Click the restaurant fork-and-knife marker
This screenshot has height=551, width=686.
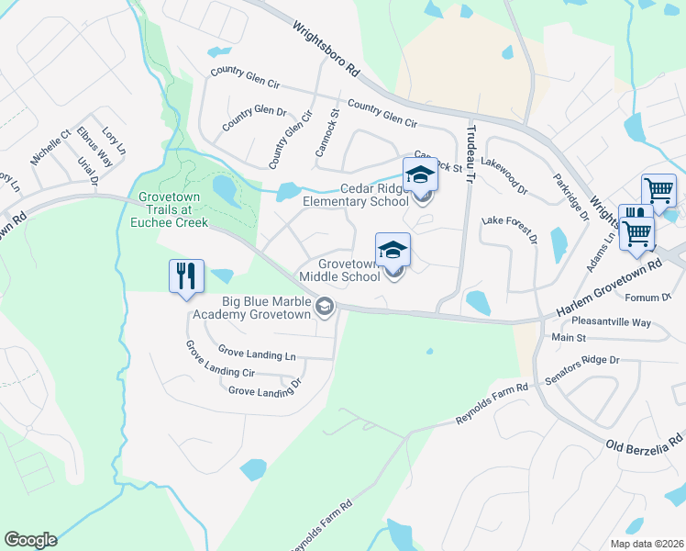[x=185, y=275]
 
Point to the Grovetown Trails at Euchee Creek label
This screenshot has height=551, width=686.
[x=173, y=209]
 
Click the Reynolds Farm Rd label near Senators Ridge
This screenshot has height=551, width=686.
[x=492, y=404]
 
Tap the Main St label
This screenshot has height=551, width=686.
[x=568, y=338]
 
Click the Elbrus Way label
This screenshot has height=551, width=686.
[x=95, y=146]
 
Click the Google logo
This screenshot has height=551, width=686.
[x=30, y=540]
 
